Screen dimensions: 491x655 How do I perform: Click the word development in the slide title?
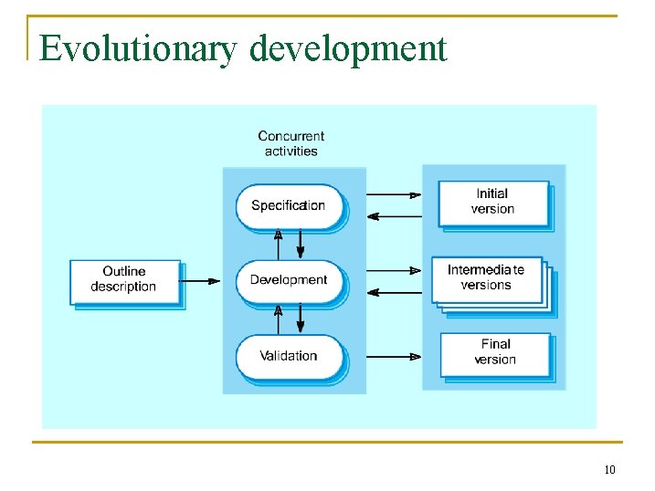pos(348,48)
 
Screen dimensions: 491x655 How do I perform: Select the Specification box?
pos(288,206)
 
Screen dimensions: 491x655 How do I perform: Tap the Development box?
pos(288,280)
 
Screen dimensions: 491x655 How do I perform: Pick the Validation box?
pos(288,356)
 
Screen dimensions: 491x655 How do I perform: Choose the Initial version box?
pos(493,202)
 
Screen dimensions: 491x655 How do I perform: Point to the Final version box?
pos(495,352)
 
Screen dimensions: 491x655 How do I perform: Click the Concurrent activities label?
pos(291,144)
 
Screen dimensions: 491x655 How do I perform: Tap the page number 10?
pos(609,470)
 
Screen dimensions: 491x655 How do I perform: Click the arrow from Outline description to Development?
pos(201,280)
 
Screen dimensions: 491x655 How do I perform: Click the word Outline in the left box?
pos(124,271)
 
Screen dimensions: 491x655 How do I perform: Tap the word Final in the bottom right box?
pos(496,344)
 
